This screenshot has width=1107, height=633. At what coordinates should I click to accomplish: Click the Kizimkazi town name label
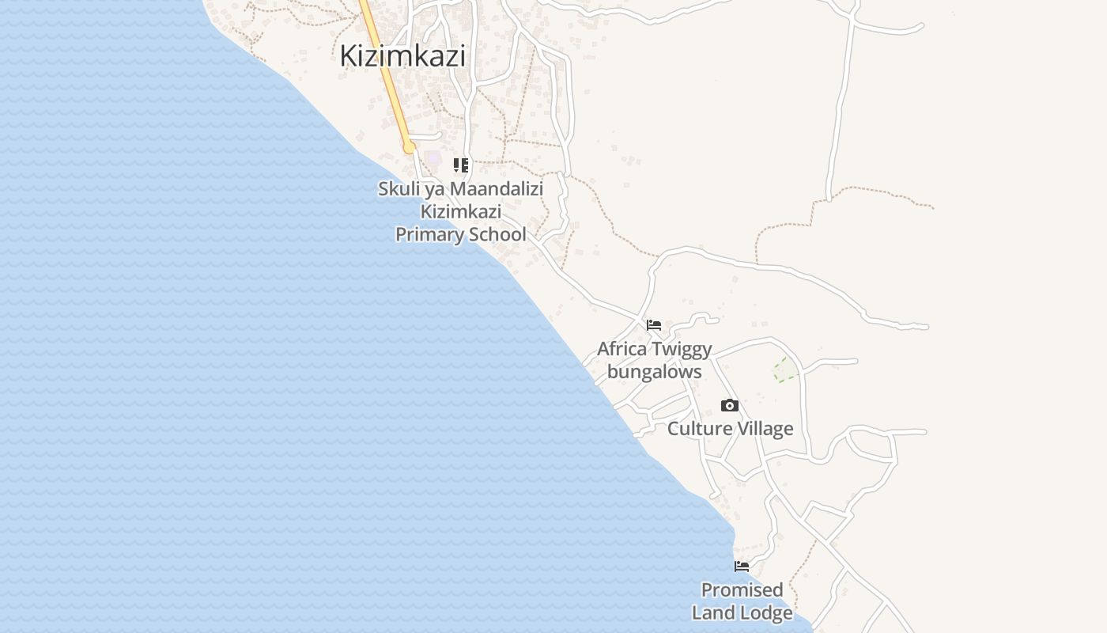pyautogui.click(x=402, y=56)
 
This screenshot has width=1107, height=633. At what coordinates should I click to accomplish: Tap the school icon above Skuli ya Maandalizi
pyautogui.click(x=461, y=165)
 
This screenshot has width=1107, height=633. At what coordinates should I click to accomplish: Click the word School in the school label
pyautogui.click(x=497, y=234)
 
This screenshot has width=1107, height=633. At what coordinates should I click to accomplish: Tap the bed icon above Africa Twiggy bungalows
pyautogui.click(x=654, y=325)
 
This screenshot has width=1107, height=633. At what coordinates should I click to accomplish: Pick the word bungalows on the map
pyautogui.click(x=654, y=371)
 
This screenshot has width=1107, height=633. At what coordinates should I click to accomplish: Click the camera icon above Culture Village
pyautogui.click(x=730, y=406)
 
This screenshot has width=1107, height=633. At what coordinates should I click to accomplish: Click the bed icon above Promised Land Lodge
pyautogui.click(x=742, y=567)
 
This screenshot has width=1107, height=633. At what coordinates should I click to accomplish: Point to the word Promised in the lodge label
pyautogui.click(x=742, y=590)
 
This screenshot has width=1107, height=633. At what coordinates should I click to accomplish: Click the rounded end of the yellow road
pyautogui.click(x=409, y=148)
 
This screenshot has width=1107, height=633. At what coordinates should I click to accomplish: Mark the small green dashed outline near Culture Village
pyautogui.click(x=785, y=369)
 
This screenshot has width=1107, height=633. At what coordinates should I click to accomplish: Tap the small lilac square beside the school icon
pyautogui.click(x=434, y=157)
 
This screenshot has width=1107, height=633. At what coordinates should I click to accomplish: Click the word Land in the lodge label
pyautogui.click(x=716, y=612)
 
